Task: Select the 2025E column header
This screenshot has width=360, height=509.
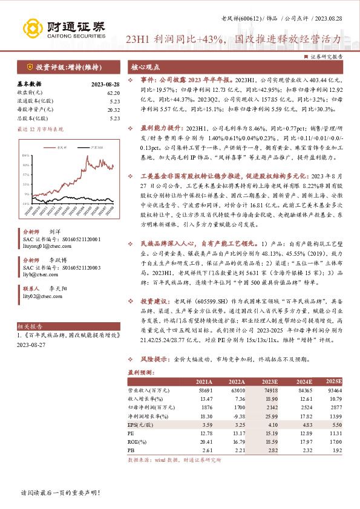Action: coord(333,382)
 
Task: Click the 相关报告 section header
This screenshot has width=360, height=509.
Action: coord(28,325)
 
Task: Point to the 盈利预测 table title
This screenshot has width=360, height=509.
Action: coord(138,373)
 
